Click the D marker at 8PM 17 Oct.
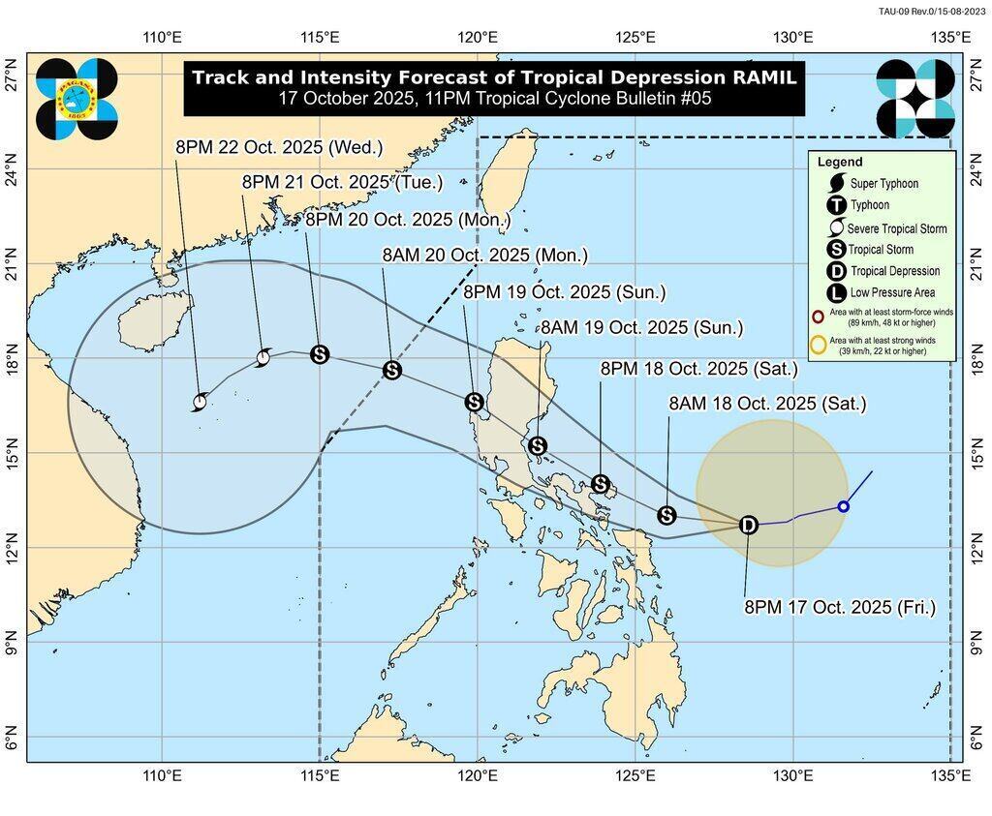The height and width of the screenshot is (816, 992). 748,525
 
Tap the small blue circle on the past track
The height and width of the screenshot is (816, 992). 843,506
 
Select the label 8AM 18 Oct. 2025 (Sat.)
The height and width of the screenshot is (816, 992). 767,404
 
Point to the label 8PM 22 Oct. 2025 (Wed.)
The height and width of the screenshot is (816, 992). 279,147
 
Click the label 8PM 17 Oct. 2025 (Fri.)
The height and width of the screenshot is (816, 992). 839,607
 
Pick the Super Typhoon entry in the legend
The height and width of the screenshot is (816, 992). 883,184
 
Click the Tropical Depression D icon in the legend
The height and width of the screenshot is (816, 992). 835,271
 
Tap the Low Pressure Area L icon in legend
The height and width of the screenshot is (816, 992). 835,292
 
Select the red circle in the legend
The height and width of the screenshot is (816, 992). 819,316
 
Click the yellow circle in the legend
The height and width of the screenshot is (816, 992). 819,344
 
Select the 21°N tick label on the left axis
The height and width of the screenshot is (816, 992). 12,263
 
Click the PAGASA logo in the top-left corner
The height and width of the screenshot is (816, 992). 77,97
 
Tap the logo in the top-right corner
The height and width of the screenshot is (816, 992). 914,97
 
